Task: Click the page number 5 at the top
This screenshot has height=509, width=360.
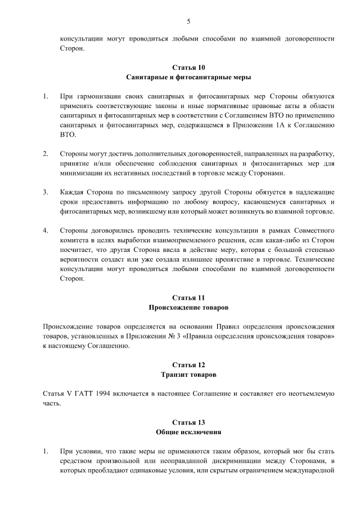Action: [188, 21]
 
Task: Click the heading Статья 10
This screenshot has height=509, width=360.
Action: [188, 67]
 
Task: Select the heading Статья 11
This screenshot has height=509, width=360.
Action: [188, 298]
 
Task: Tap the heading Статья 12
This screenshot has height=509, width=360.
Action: [188, 364]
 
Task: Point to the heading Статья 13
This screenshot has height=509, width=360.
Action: [188, 422]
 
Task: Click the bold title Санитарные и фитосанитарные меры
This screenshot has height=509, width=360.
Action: [188, 77]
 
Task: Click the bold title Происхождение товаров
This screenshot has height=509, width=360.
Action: [188, 307]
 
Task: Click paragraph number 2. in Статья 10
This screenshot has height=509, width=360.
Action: [46, 154]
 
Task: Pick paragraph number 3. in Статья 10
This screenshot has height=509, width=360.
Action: [46, 192]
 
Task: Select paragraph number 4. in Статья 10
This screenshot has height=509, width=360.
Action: [46, 231]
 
